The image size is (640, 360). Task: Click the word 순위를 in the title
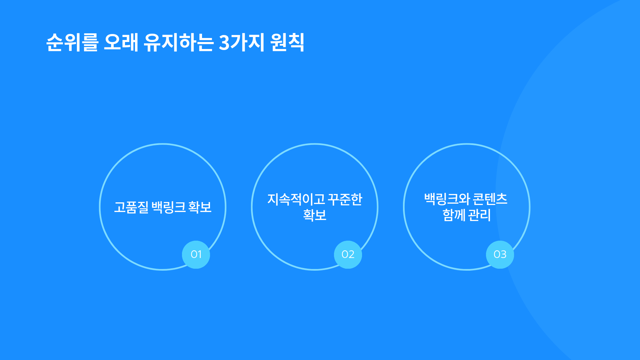[x=72, y=42]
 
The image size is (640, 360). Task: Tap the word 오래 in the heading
[x=121, y=42]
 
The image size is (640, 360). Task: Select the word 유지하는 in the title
[x=178, y=42]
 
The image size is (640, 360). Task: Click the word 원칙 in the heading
[x=287, y=42]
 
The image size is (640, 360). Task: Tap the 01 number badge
[x=196, y=255]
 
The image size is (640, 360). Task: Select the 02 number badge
[x=348, y=255]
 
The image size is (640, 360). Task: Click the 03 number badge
[x=500, y=255]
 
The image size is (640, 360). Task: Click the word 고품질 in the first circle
[x=131, y=207]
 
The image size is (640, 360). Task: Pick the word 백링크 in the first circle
[x=169, y=207]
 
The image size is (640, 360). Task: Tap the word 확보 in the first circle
[x=200, y=207]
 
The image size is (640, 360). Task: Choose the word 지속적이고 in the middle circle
[x=296, y=199]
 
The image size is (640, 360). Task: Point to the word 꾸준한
[x=345, y=199]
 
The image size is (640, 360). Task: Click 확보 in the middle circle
[x=315, y=215]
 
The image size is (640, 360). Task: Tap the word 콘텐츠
[x=490, y=199]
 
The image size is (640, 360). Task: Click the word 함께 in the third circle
[x=454, y=215]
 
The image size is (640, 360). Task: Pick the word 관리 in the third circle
[x=480, y=215]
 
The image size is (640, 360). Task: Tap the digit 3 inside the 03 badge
[x=503, y=255]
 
